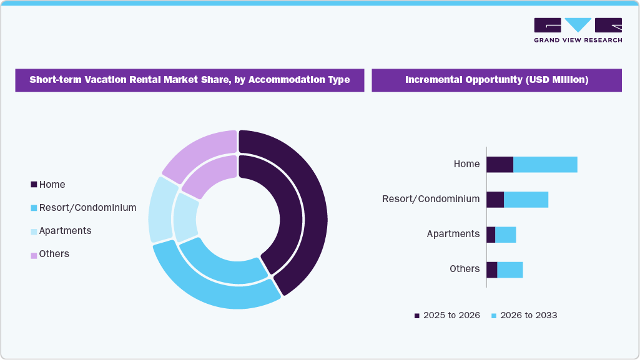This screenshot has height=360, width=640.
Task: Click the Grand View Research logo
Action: (x=578, y=29)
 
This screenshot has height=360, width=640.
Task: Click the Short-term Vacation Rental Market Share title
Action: (x=190, y=80)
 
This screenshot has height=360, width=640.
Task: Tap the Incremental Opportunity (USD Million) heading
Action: (x=496, y=80)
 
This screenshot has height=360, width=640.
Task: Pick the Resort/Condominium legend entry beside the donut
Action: (x=83, y=208)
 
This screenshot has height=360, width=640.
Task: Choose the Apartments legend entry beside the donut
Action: (x=61, y=231)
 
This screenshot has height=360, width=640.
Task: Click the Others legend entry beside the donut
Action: (x=49, y=254)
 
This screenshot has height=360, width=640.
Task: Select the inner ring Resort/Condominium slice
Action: (x=222, y=265)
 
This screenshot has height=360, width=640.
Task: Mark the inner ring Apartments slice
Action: (x=185, y=217)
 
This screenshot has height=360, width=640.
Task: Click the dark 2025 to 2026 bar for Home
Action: (x=500, y=165)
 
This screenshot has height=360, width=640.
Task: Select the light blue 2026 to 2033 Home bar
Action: (x=545, y=165)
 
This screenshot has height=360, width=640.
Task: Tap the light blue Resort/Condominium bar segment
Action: (x=526, y=200)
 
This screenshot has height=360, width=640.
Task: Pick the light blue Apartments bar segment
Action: (x=505, y=235)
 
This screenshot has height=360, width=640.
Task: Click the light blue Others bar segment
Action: (x=510, y=270)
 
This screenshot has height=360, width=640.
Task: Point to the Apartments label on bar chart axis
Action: (x=453, y=234)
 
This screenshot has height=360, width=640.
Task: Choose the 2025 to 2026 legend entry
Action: (x=447, y=316)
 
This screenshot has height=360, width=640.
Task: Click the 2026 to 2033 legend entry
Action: (x=524, y=316)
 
